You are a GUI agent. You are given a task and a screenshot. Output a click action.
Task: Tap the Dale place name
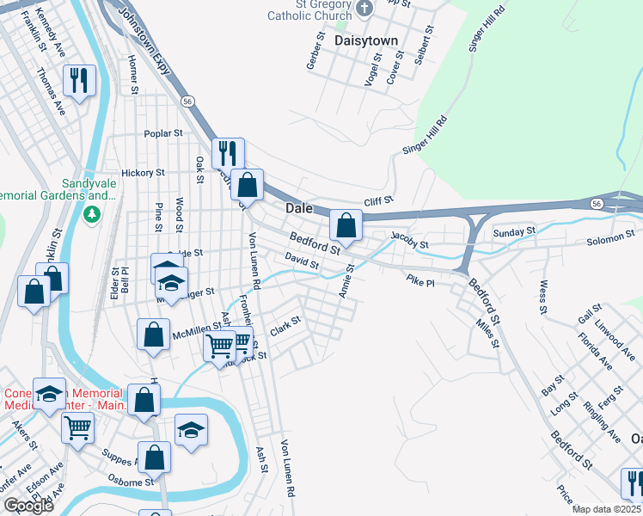coord(298,208)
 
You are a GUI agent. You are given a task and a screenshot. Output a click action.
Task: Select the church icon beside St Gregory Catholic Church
coord(364,9)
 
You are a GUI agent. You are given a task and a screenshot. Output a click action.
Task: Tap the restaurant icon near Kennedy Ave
coord(78,82)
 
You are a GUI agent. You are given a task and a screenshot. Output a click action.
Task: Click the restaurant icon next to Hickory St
coord(228,153)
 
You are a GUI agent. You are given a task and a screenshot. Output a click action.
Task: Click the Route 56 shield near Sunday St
coord(596,204)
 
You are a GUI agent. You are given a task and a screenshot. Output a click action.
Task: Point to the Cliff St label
coord(377,201)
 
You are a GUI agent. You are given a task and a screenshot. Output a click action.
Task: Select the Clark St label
coord(285,326)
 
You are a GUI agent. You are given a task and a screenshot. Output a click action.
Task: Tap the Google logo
coord(28,506)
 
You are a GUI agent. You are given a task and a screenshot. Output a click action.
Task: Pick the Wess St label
coord(542,296)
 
